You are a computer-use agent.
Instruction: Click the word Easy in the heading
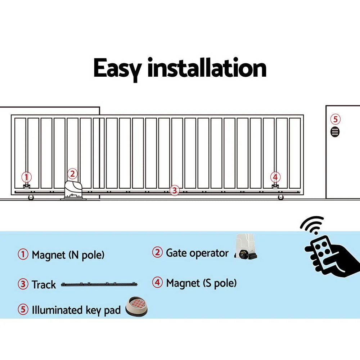117,68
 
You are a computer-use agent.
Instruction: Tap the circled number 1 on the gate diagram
26,177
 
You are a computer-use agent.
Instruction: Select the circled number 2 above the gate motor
72,174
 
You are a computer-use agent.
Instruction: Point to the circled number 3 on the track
174,190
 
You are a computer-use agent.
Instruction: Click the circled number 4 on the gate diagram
275,177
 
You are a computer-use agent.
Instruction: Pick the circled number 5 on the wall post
335,119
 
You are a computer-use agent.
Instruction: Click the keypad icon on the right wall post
335,132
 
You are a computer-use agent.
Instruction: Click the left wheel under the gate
31,197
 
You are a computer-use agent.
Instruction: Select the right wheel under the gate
280,197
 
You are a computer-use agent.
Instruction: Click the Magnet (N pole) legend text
68,255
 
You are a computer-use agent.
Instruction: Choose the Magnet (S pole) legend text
201,283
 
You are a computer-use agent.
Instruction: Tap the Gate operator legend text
197,253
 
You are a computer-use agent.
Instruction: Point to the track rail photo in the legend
99,284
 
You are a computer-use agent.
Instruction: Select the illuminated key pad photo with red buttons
136,307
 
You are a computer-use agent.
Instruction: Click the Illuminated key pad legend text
76,310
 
